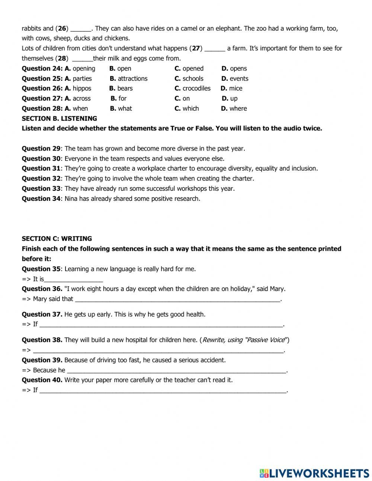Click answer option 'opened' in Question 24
click(x=193, y=69)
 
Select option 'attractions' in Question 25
click(x=132, y=79)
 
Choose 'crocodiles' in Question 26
click(x=196, y=89)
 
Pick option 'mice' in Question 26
click(x=235, y=89)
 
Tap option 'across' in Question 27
click(x=81, y=99)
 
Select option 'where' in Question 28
click(x=238, y=109)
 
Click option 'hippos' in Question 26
click(x=82, y=89)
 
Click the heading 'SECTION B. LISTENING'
click(x=59, y=118)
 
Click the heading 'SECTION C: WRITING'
click(x=57, y=238)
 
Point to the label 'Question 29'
click(x=41, y=149)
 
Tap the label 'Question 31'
click(x=41, y=168)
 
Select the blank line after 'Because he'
click(x=176, y=371)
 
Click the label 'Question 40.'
click(x=42, y=380)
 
